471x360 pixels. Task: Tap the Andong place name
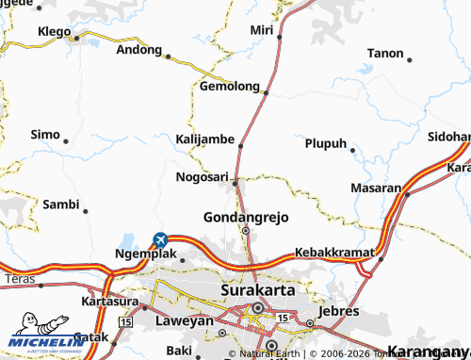138,50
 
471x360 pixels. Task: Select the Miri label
261,30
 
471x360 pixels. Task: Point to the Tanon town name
383,53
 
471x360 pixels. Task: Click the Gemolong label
229,86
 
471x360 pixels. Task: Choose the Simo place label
45,135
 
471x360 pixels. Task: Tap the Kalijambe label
204,139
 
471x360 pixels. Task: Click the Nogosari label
202,176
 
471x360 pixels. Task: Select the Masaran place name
376,188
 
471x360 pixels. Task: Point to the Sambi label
60,204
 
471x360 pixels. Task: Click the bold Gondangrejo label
246,217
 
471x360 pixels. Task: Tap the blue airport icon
160,240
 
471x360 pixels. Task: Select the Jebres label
340,310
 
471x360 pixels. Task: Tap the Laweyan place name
183,320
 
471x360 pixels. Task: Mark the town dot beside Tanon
411,58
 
